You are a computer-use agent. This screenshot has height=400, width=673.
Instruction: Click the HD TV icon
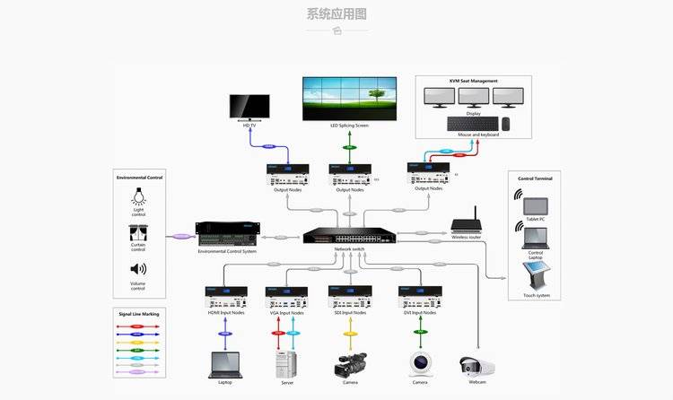coord(249,107)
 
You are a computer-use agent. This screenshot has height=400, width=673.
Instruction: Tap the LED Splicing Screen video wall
coord(349,99)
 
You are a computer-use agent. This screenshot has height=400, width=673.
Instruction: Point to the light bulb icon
coord(138,196)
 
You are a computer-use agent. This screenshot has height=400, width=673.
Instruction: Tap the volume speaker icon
coord(138,269)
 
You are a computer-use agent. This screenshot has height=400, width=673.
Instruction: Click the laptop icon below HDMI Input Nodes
coord(224,364)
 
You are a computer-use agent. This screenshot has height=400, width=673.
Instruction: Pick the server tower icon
coord(285,363)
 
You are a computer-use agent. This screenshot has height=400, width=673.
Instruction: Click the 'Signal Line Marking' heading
coord(138,314)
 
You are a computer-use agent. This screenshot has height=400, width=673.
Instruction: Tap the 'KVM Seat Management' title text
coord(473,81)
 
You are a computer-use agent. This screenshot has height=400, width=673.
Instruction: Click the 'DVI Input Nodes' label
coord(417,313)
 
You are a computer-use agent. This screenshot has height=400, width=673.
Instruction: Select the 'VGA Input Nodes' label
coord(285,313)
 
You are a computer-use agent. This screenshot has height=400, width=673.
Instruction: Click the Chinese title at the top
coord(336,13)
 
